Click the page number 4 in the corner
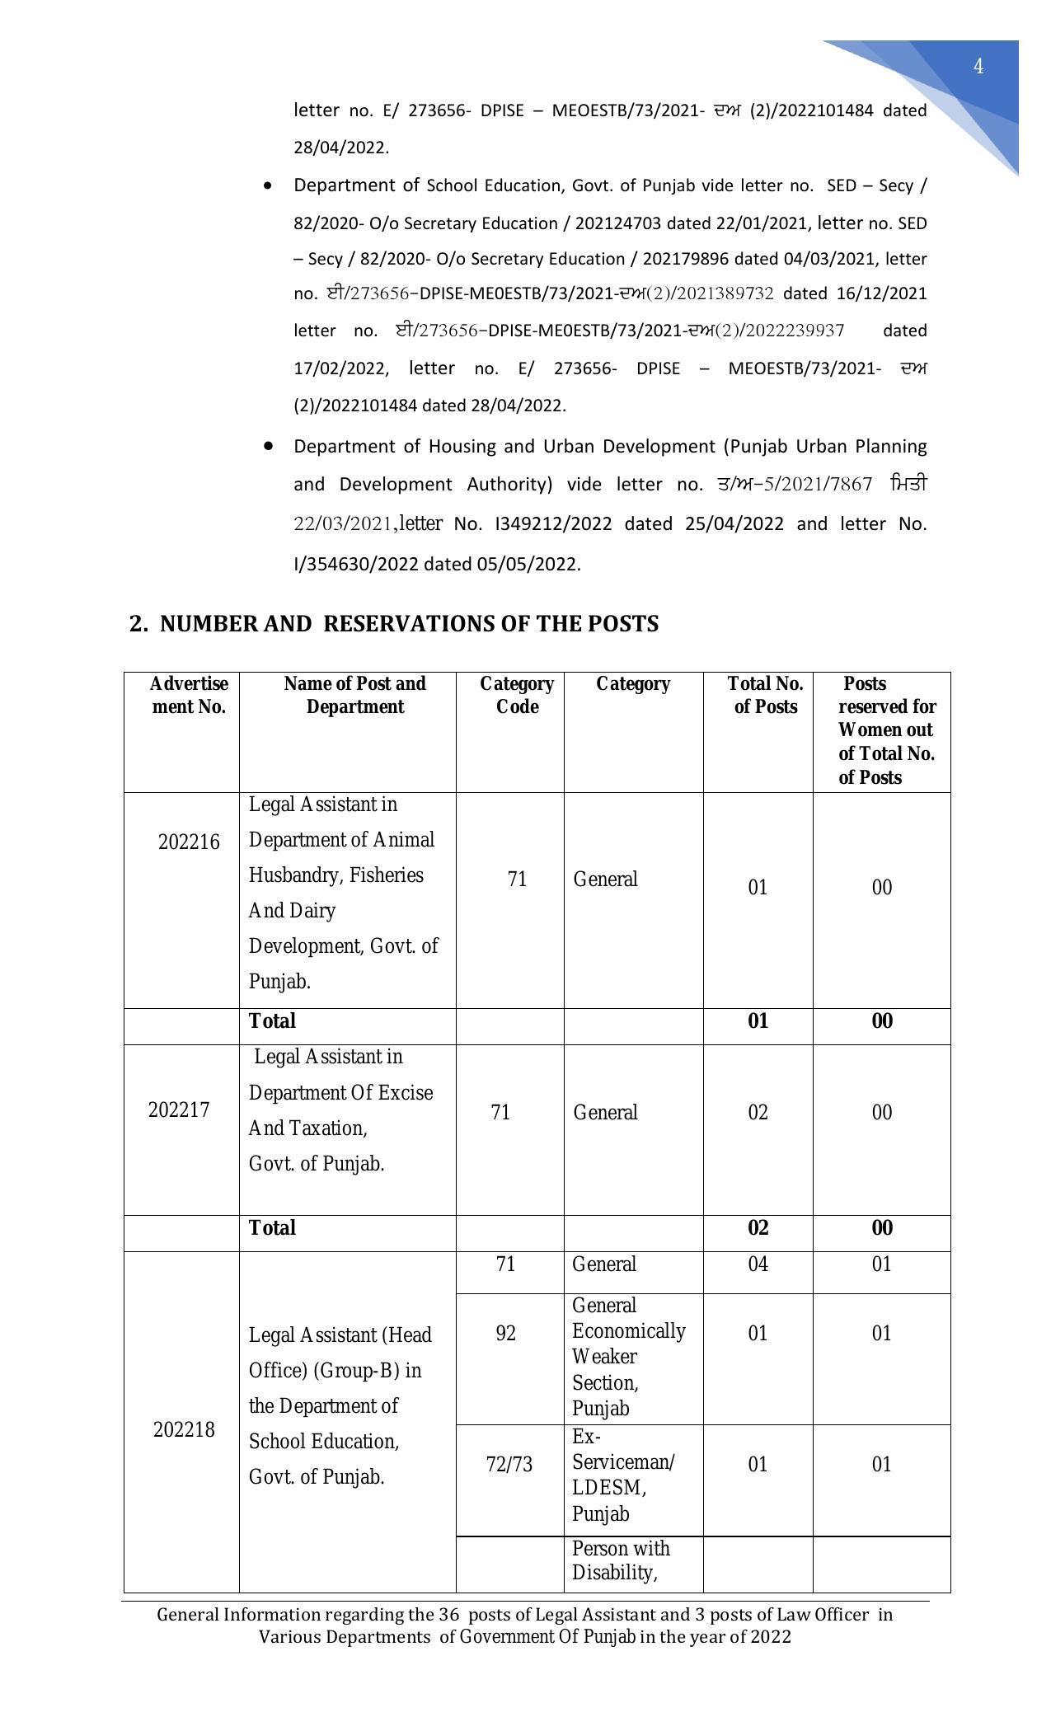click(x=978, y=67)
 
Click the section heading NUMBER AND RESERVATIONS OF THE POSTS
click(x=394, y=624)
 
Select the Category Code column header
click(x=517, y=695)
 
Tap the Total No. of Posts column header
click(x=765, y=695)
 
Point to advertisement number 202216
click(x=189, y=842)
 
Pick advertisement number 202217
click(x=179, y=1109)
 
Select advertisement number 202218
click(x=184, y=1429)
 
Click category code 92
click(x=505, y=1333)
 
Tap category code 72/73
click(x=509, y=1464)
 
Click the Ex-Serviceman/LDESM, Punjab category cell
click(x=623, y=1475)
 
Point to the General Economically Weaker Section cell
click(x=628, y=1356)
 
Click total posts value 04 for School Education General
click(x=758, y=1264)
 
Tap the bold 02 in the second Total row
click(x=758, y=1227)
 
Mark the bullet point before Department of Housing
click(x=268, y=446)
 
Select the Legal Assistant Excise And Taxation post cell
click(x=340, y=1109)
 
